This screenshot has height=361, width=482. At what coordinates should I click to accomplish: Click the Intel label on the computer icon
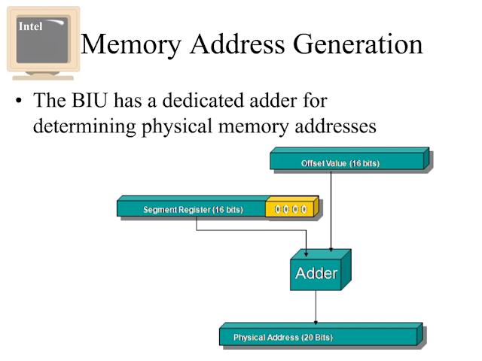31,26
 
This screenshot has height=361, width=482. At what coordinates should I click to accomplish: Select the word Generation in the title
359,44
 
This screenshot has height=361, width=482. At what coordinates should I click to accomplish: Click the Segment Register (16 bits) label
193,209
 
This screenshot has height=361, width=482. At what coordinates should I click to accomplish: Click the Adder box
316,273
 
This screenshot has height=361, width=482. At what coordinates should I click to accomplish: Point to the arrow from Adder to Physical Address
316,308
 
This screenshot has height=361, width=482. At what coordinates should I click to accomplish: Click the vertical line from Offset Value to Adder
332,211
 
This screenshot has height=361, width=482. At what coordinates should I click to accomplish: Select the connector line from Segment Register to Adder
249,230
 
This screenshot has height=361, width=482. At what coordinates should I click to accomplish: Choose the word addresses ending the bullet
334,126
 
